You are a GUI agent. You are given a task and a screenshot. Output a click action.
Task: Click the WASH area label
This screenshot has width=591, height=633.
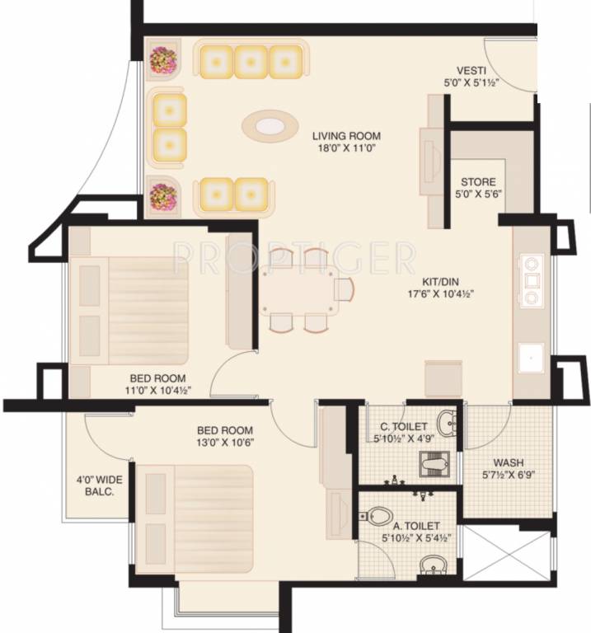tap(509, 462)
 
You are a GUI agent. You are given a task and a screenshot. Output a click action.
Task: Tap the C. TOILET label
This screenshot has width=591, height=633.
tap(399, 426)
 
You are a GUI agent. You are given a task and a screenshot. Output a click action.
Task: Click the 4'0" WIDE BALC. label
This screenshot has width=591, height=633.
tap(95, 484)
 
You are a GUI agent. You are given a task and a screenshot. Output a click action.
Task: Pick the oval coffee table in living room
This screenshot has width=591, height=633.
tap(270, 126)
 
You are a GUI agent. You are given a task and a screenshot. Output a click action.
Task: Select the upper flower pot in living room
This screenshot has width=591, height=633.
tap(161, 60)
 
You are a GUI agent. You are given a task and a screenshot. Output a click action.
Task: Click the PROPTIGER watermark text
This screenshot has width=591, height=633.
tap(295, 258)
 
